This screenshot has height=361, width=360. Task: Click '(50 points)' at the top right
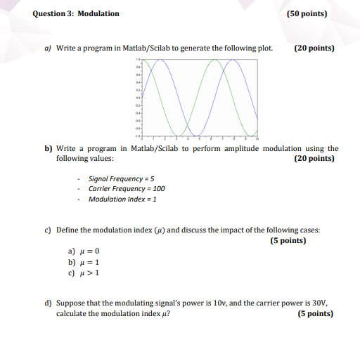pos(307,14)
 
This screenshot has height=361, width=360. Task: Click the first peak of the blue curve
pos(161,60)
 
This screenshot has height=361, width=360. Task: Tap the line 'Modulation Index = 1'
pos(122,199)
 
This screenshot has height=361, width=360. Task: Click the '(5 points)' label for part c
pos(288,240)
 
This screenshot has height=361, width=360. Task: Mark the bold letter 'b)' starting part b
pos(49,149)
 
